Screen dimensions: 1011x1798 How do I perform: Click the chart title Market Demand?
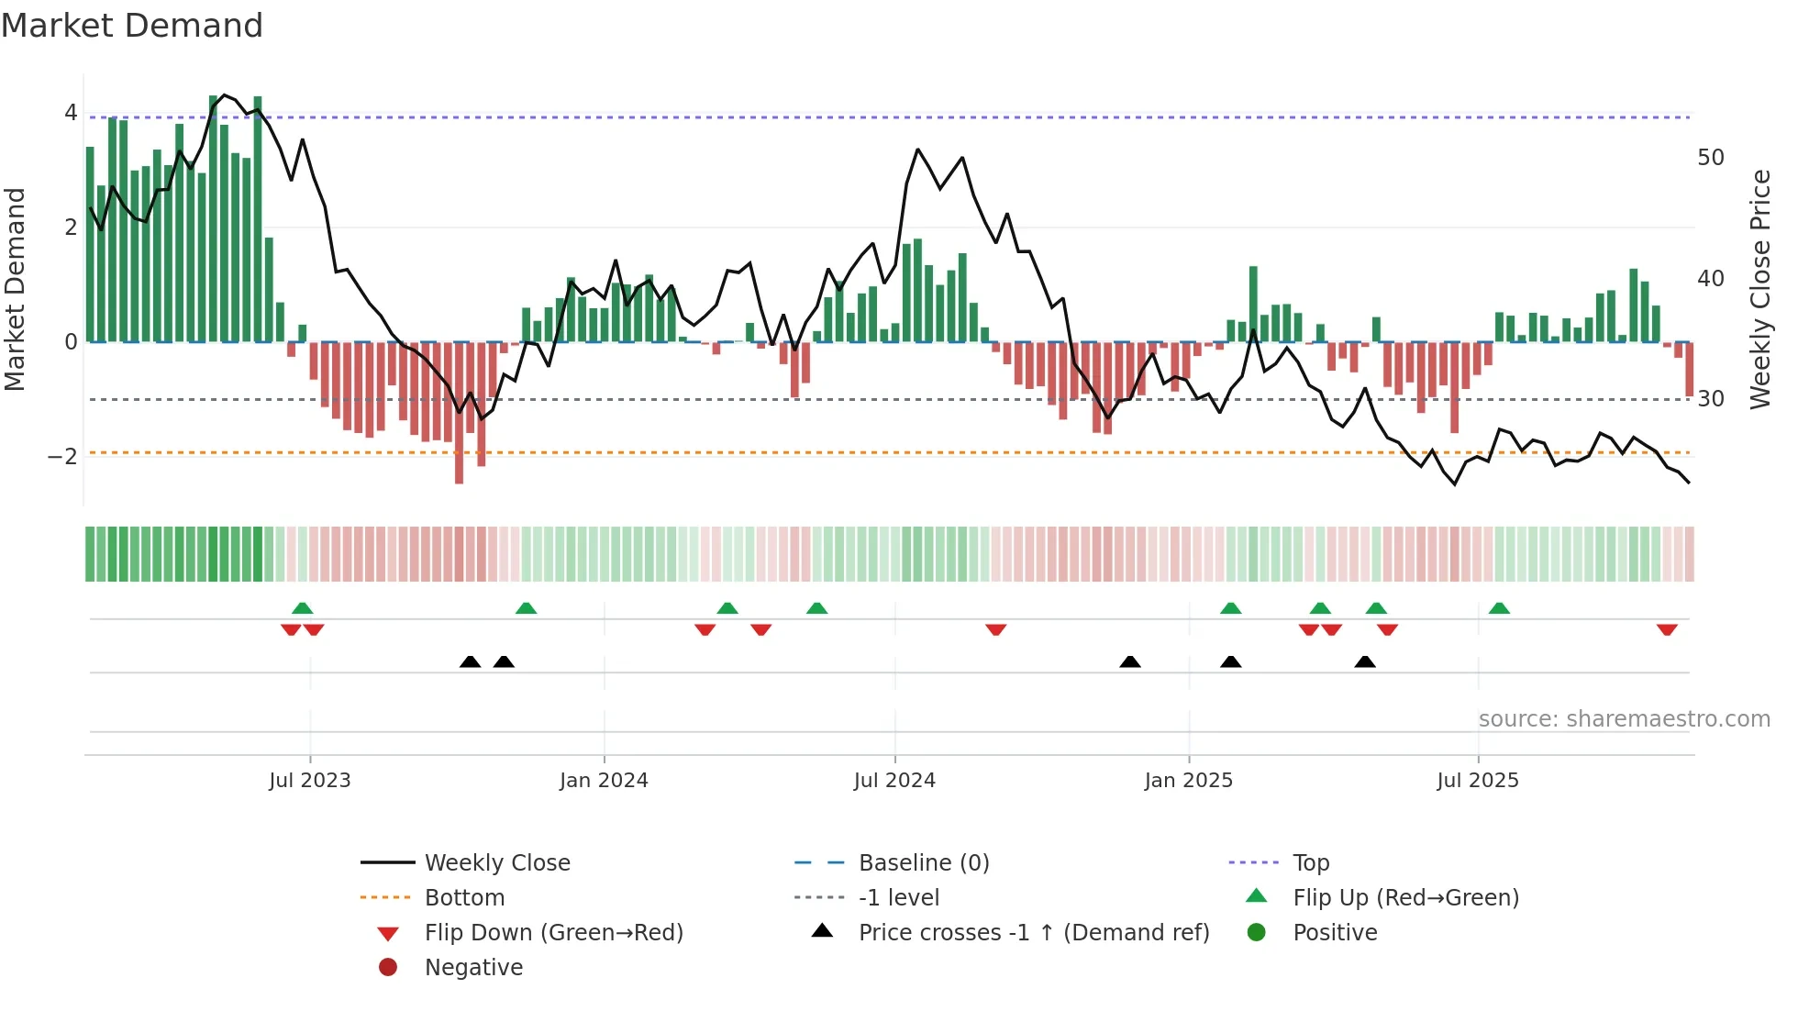132,26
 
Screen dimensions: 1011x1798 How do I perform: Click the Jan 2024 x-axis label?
604,781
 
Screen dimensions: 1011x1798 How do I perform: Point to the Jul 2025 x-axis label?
1478,781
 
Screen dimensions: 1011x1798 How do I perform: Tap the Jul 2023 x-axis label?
310,781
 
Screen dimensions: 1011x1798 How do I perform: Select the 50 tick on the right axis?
1711,158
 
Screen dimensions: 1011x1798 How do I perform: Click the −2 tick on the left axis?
63,456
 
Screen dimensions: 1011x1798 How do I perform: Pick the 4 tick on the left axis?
71,113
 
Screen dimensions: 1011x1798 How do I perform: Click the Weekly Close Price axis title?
1759,289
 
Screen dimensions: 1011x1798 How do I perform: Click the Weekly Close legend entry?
496,863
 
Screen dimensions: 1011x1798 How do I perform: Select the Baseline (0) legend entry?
923,863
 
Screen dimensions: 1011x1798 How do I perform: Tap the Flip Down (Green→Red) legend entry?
553,933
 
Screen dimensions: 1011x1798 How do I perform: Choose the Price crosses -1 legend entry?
1033,933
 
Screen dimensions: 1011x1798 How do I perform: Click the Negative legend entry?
473,968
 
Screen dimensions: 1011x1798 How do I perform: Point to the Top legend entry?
1310,863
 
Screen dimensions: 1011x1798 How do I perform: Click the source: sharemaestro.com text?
1624,719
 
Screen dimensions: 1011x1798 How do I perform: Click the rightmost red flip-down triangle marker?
1667,629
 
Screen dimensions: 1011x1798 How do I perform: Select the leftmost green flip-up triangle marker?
302,607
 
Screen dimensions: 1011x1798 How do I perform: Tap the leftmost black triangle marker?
470,661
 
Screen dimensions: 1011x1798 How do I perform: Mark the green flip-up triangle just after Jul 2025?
1499,607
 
